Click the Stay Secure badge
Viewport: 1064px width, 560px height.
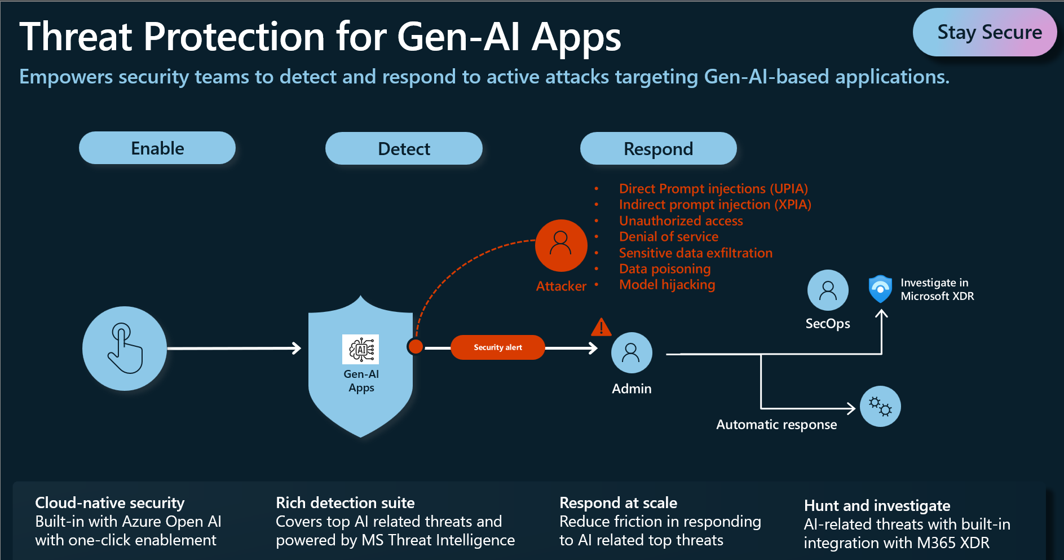tap(984, 32)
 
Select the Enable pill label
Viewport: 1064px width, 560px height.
tap(157, 148)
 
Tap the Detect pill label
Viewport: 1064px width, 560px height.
tap(404, 149)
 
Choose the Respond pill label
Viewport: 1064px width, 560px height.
tap(658, 149)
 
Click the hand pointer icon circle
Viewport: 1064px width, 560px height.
tap(125, 349)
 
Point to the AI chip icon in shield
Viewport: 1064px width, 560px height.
tap(361, 350)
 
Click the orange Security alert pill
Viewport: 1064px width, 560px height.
tap(497, 347)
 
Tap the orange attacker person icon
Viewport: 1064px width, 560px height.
tap(561, 245)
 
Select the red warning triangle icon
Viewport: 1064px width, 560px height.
tap(601, 327)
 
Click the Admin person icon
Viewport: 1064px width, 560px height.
tap(632, 353)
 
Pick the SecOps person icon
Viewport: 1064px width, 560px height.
tap(828, 290)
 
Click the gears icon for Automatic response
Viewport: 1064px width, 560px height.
tap(880, 406)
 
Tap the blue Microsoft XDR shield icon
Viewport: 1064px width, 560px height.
tap(880, 289)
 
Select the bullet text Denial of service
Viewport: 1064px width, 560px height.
tap(669, 237)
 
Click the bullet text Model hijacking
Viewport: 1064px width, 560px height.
tap(667, 285)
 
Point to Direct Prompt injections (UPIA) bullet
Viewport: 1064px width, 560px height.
tap(713, 189)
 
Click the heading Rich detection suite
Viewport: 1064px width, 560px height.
tap(345, 502)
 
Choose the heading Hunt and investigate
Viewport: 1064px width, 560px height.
tap(877, 505)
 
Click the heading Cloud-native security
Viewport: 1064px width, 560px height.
tap(110, 502)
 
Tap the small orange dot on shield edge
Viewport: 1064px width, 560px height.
tap(416, 346)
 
